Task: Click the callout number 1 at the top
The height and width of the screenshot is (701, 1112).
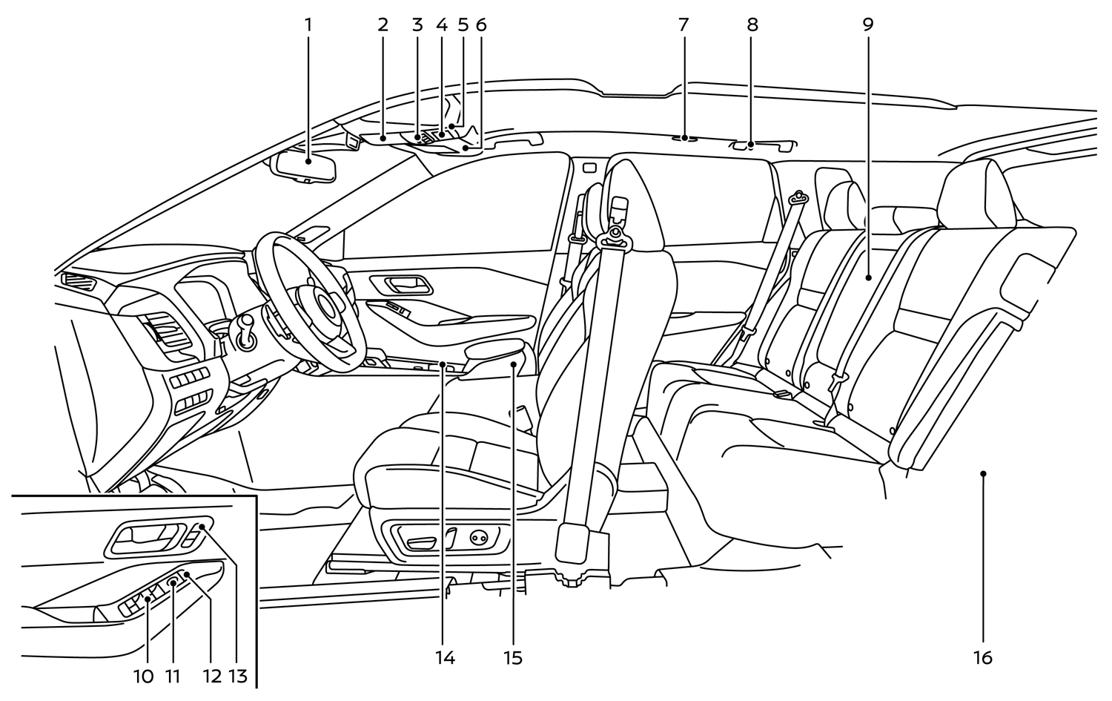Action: [308, 24]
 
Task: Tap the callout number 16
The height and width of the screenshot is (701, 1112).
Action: [982, 657]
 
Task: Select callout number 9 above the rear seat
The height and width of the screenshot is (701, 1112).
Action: [868, 24]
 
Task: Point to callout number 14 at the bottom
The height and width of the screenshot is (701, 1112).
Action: [445, 657]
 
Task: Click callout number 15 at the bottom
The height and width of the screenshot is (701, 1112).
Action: [512, 657]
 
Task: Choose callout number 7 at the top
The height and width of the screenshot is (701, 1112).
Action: [683, 24]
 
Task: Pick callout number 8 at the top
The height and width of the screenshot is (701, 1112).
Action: [752, 24]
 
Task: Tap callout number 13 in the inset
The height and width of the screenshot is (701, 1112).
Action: [237, 676]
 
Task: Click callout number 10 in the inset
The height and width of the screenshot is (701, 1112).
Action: [144, 676]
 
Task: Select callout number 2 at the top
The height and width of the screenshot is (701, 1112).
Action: [383, 24]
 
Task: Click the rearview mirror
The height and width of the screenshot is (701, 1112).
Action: [305, 166]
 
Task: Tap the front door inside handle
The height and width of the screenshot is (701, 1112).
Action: [400, 284]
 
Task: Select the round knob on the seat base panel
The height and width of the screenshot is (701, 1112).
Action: [479, 537]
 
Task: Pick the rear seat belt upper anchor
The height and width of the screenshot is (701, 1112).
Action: [799, 197]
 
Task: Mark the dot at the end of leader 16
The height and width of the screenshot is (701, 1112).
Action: [983, 473]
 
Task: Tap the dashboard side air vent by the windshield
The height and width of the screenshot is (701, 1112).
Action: [77, 280]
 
